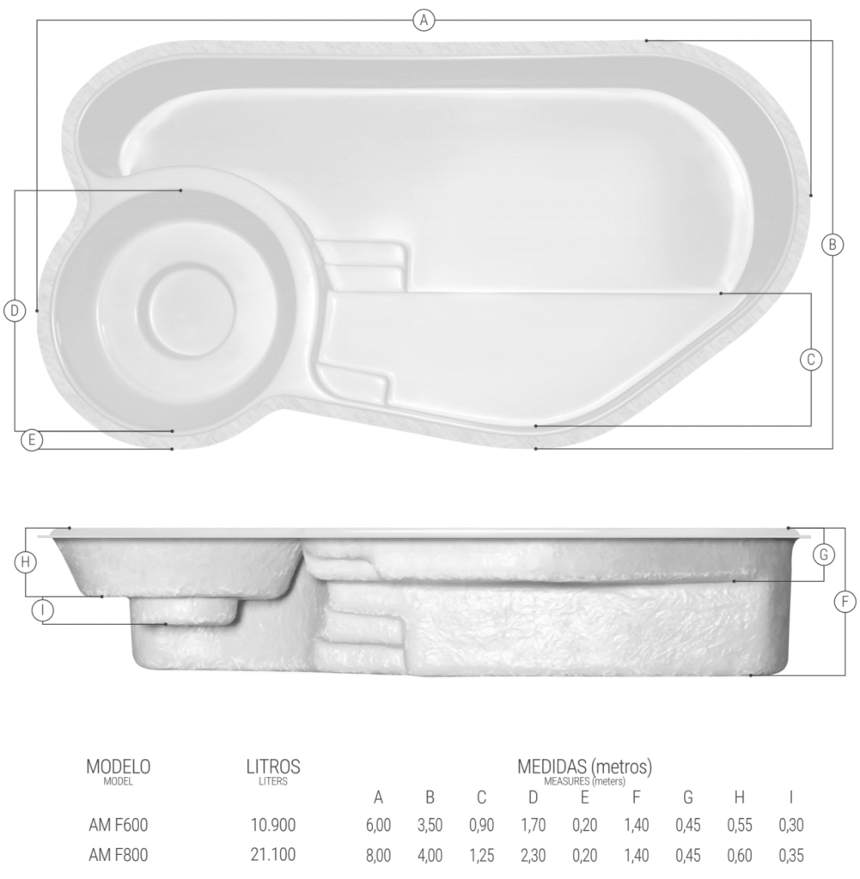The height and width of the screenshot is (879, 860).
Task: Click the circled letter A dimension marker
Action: point(424,21)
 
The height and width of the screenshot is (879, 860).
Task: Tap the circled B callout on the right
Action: point(833,245)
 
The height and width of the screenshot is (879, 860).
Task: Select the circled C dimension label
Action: point(811,360)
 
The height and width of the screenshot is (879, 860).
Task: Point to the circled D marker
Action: point(15,311)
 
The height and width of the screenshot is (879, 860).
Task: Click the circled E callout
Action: point(32,439)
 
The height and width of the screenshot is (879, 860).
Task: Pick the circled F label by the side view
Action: point(845,602)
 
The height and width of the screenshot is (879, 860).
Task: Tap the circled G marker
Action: point(824,555)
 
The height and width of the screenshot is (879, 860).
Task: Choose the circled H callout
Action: point(25,561)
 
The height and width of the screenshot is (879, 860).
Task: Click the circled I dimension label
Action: point(43,610)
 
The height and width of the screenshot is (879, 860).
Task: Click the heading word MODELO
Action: point(119,767)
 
